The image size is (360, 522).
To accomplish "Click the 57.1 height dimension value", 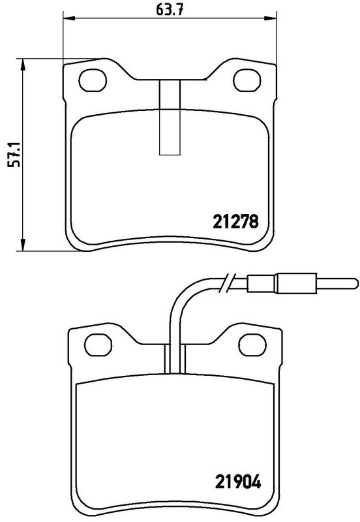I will coord(11,154).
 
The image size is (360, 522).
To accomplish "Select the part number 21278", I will coord(235,221).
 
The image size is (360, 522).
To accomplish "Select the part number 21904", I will coord(237,484).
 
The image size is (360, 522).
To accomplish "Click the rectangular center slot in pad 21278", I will coord(170,117).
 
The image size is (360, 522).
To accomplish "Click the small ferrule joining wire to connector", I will coord(262,284).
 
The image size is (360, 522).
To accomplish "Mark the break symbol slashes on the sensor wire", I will coord(227,282).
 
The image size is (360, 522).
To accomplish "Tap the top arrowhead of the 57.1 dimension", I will coord(23,63).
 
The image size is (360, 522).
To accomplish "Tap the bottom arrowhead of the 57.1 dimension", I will coord(23,246).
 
